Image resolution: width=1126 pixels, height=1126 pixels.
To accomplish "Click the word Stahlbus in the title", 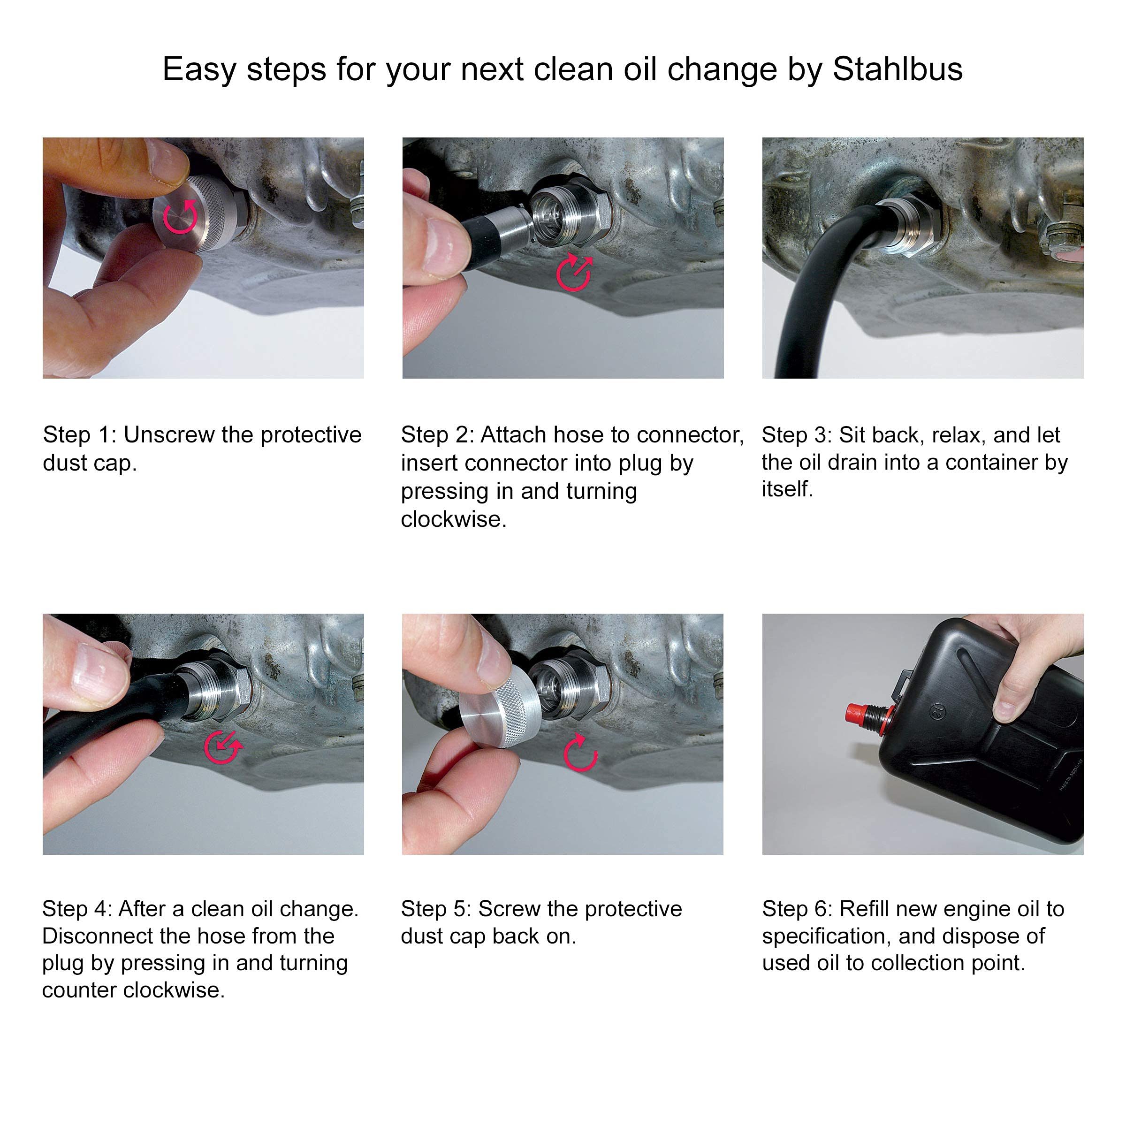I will (x=897, y=69).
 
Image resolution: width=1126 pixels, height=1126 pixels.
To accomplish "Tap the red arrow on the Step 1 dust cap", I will (x=180, y=217).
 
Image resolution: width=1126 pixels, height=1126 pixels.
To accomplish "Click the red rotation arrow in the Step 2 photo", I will (x=574, y=272).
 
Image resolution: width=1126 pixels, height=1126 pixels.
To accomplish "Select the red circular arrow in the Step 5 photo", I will (x=580, y=753).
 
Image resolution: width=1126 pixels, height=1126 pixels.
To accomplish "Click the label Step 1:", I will (x=80, y=435).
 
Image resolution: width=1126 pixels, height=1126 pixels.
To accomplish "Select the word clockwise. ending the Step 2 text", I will (x=453, y=519).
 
